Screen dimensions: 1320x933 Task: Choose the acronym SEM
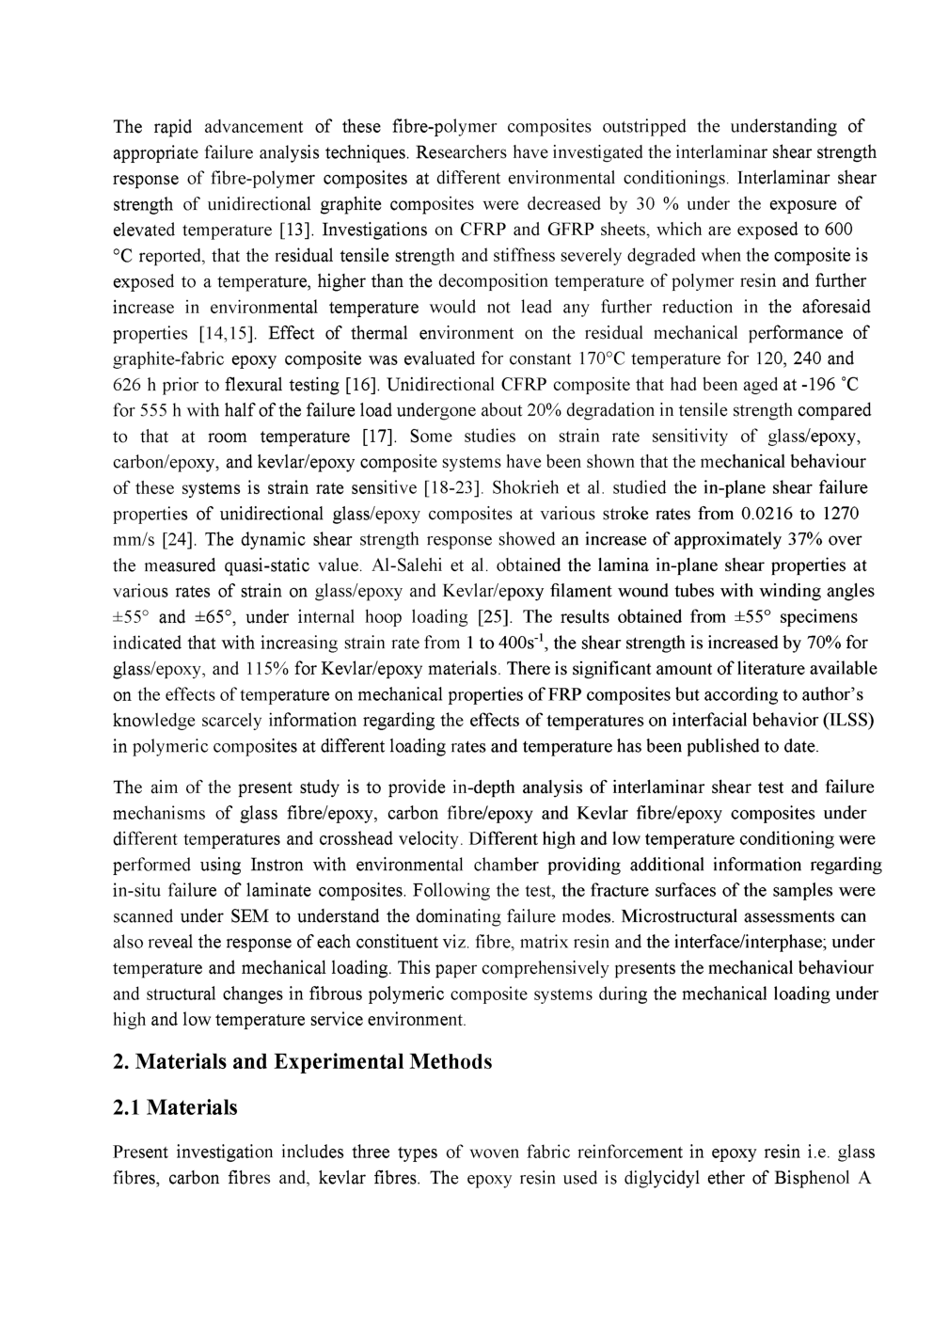(247, 916)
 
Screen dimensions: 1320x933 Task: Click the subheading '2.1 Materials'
(175, 1107)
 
